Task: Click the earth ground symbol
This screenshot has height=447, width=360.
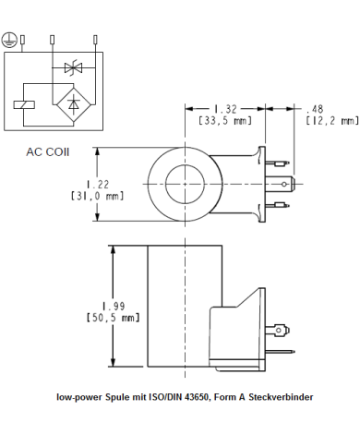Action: click(x=9, y=40)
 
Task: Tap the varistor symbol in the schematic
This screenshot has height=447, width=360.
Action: click(x=72, y=67)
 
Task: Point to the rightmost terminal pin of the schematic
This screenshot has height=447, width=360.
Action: click(x=96, y=39)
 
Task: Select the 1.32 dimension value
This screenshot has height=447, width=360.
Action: click(x=227, y=108)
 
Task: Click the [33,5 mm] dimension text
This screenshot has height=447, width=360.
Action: click(x=226, y=120)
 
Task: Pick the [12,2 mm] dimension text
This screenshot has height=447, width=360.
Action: click(x=330, y=120)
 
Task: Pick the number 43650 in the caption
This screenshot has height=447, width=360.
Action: click(x=196, y=397)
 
